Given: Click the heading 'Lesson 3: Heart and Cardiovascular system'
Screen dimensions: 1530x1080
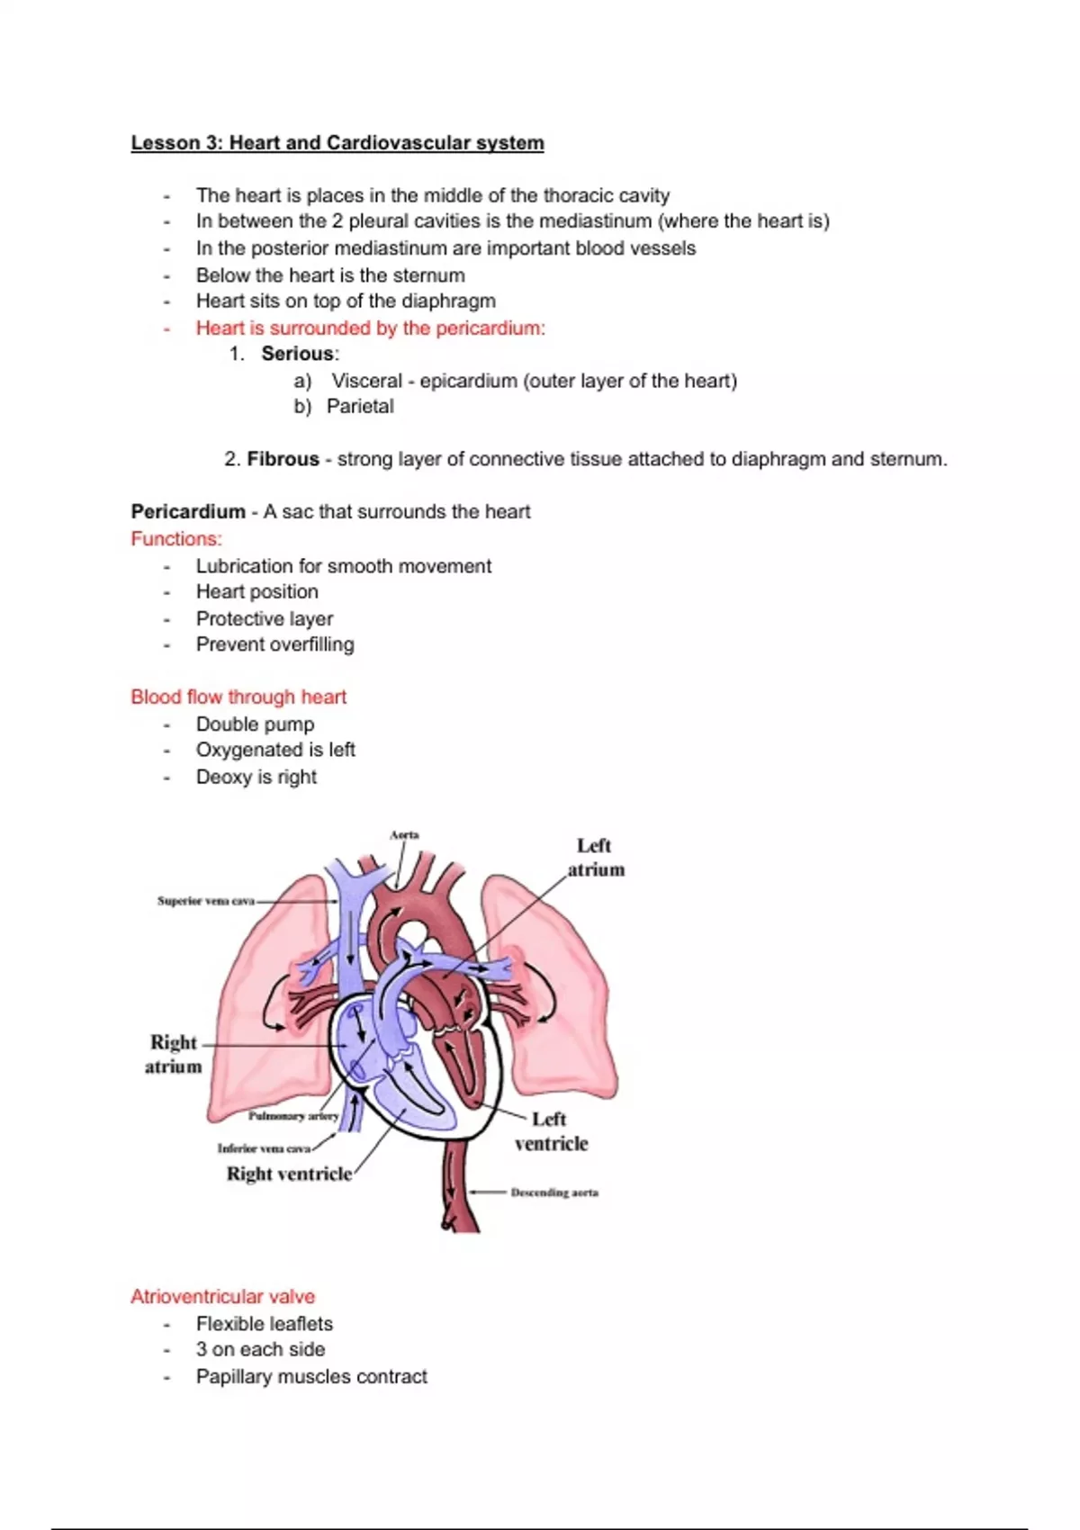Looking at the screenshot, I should click(x=337, y=143).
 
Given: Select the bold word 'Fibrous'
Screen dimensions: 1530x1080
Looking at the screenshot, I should click(x=283, y=459).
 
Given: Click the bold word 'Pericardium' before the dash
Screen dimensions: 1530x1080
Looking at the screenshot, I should click(x=188, y=512).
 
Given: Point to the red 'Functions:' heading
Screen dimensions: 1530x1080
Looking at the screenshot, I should click(x=176, y=539).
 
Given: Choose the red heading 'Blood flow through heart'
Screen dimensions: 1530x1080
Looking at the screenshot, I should click(x=238, y=697).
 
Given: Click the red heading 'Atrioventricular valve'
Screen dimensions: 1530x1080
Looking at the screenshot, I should click(x=223, y=1297).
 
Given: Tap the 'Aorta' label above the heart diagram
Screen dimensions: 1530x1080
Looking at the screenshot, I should click(x=404, y=835).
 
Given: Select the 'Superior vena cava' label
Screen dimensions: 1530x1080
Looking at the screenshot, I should click(x=205, y=901).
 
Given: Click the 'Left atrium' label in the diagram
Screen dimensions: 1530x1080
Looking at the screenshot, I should click(x=595, y=858).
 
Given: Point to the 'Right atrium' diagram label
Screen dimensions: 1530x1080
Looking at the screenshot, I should click(x=174, y=1054).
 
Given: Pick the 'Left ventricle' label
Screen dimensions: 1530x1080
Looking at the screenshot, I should click(x=551, y=1131).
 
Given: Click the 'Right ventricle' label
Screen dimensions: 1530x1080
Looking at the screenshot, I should click(x=289, y=1174).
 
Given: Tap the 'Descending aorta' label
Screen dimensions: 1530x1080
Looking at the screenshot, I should click(x=554, y=1192).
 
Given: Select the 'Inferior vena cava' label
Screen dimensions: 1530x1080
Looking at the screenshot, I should click(x=264, y=1148).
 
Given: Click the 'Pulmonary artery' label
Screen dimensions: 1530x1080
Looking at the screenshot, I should click(x=293, y=1116).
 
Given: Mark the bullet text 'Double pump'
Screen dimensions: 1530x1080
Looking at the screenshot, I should click(x=256, y=724).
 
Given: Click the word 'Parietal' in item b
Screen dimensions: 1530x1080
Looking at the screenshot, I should click(x=360, y=407).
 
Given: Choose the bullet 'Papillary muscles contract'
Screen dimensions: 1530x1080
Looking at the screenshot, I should click(x=311, y=1377).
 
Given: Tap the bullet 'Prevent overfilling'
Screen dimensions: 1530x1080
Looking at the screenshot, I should click(x=275, y=644).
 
